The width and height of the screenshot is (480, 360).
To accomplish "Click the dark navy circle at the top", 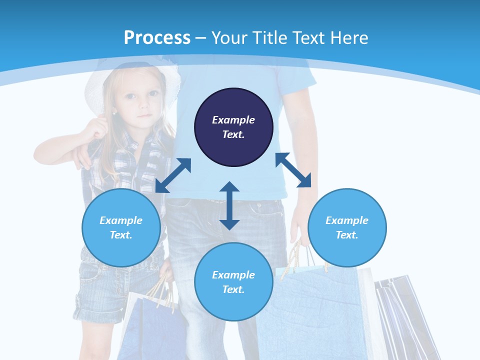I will click(233, 127).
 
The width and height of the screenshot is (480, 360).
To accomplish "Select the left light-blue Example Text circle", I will click(121, 227).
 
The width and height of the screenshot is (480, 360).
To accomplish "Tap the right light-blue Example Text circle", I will click(347, 227).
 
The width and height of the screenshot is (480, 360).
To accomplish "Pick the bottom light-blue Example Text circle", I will click(233, 282).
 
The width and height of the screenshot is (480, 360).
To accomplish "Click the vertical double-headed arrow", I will click(229, 205).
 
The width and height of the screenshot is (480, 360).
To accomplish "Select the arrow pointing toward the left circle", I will click(173, 175).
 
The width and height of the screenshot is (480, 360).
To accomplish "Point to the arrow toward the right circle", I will click(293, 170).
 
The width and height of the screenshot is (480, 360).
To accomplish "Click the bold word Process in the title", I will click(157, 37).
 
